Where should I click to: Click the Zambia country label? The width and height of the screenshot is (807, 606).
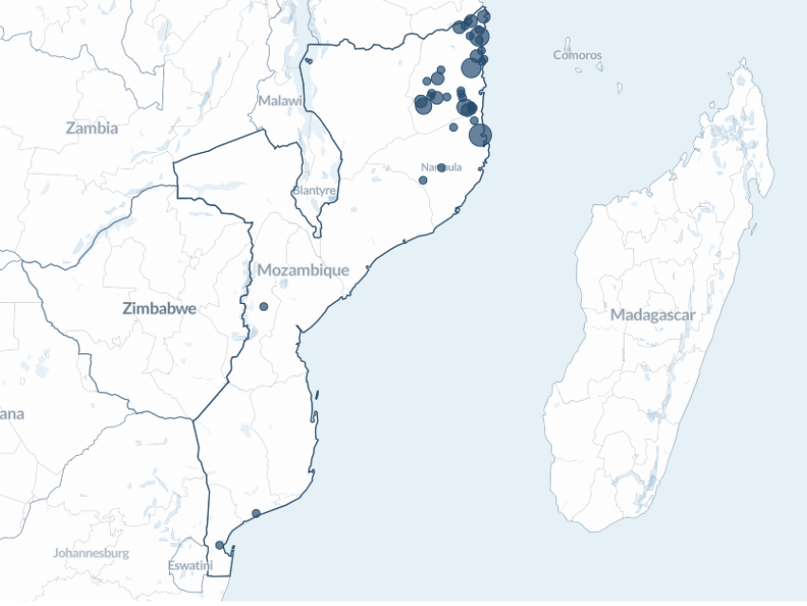click(92, 127)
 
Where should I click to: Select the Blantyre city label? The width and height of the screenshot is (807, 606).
click(314, 190)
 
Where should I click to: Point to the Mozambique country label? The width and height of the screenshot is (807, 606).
click(303, 270)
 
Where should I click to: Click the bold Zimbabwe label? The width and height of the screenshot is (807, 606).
click(160, 309)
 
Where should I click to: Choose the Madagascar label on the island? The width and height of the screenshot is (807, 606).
click(652, 314)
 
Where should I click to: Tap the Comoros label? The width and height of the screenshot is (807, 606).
click(577, 55)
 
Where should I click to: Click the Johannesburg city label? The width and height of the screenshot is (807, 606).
click(90, 553)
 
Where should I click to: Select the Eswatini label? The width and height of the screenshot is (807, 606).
click(190, 566)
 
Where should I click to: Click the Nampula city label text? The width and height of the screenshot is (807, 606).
click(441, 167)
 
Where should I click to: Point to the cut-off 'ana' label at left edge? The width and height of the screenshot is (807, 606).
click(12, 413)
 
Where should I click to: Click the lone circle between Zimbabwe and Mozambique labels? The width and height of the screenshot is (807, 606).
click(264, 306)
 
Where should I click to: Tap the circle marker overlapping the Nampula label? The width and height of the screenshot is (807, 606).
click(441, 168)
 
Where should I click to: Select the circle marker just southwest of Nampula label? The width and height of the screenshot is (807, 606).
click(422, 180)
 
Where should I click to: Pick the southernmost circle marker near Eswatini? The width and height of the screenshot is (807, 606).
click(219, 545)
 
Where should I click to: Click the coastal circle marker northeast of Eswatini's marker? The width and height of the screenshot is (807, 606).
click(255, 514)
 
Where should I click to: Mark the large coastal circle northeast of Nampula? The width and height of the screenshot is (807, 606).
click(480, 135)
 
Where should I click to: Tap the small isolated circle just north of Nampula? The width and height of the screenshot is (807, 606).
click(453, 127)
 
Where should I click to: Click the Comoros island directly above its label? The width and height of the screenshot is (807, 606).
click(567, 44)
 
